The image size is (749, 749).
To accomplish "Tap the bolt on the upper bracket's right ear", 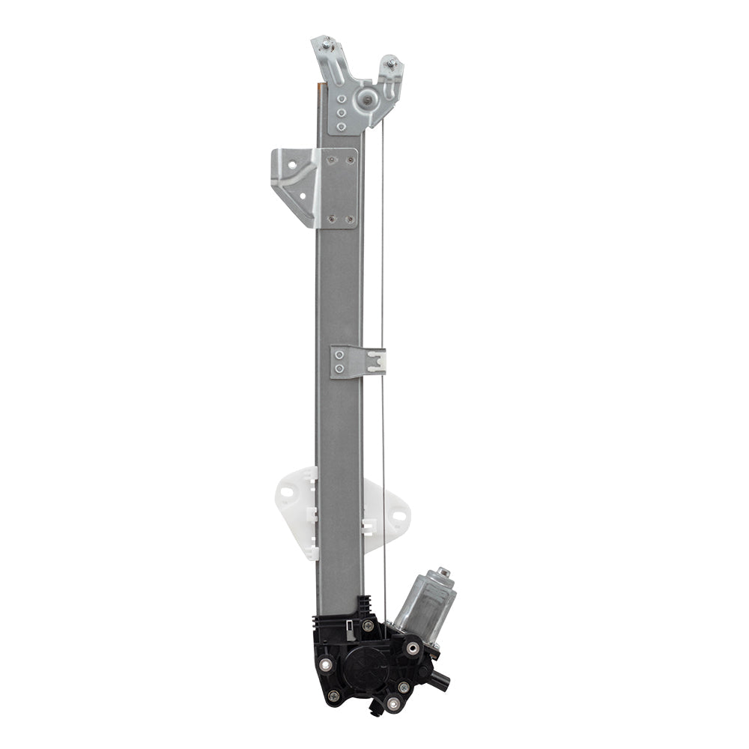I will [x=391, y=63].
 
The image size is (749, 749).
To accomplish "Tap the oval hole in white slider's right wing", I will [x=398, y=515].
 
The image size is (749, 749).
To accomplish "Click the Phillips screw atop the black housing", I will [x=368, y=625].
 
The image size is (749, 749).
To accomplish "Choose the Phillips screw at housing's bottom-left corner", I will [x=333, y=696].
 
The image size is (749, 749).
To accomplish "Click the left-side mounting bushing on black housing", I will [x=326, y=664].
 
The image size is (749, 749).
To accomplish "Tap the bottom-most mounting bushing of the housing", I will [x=393, y=703].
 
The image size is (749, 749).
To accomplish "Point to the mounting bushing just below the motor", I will [x=413, y=648].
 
